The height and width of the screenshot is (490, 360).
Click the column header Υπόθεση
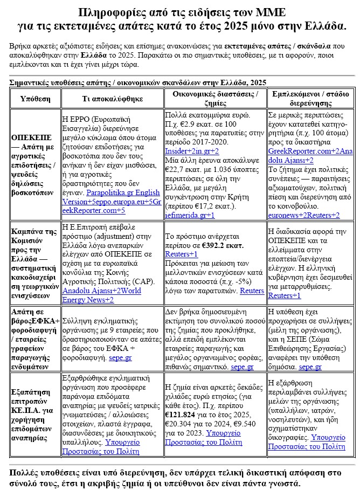coord(35,99)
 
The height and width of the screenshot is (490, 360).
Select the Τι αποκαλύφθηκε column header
coord(112,99)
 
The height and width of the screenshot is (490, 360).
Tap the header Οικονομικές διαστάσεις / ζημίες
coord(215,99)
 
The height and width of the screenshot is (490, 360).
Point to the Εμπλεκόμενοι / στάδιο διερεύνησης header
coord(310,99)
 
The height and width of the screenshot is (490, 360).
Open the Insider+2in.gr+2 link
coord(192,150)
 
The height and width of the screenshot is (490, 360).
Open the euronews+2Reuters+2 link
coord(304,215)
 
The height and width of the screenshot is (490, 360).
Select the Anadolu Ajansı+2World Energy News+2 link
coord(101,295)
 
